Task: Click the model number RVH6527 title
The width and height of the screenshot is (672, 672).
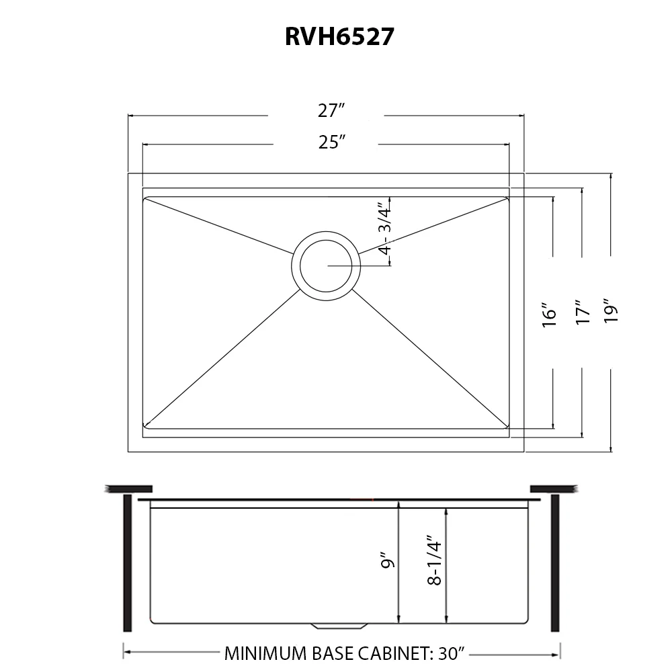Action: coord(339,36)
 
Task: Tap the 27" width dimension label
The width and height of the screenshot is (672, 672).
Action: coord(331,111)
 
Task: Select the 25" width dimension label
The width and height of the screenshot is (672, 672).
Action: coord(332,142)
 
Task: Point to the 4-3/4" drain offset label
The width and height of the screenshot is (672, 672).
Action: coord(385,230)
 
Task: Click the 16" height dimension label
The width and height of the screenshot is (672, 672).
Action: coord(549,315)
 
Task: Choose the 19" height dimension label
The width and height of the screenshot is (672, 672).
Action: coord(611,310)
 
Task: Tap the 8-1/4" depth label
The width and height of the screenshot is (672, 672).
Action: coord(434,560)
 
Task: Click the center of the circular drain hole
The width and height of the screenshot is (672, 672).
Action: coord(326,266)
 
